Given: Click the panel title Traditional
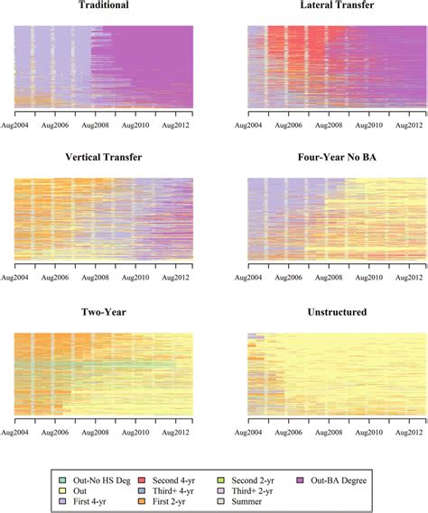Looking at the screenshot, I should point(104,5).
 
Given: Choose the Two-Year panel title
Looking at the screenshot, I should point(104,313).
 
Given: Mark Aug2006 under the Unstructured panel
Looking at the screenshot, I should point(285,431).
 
